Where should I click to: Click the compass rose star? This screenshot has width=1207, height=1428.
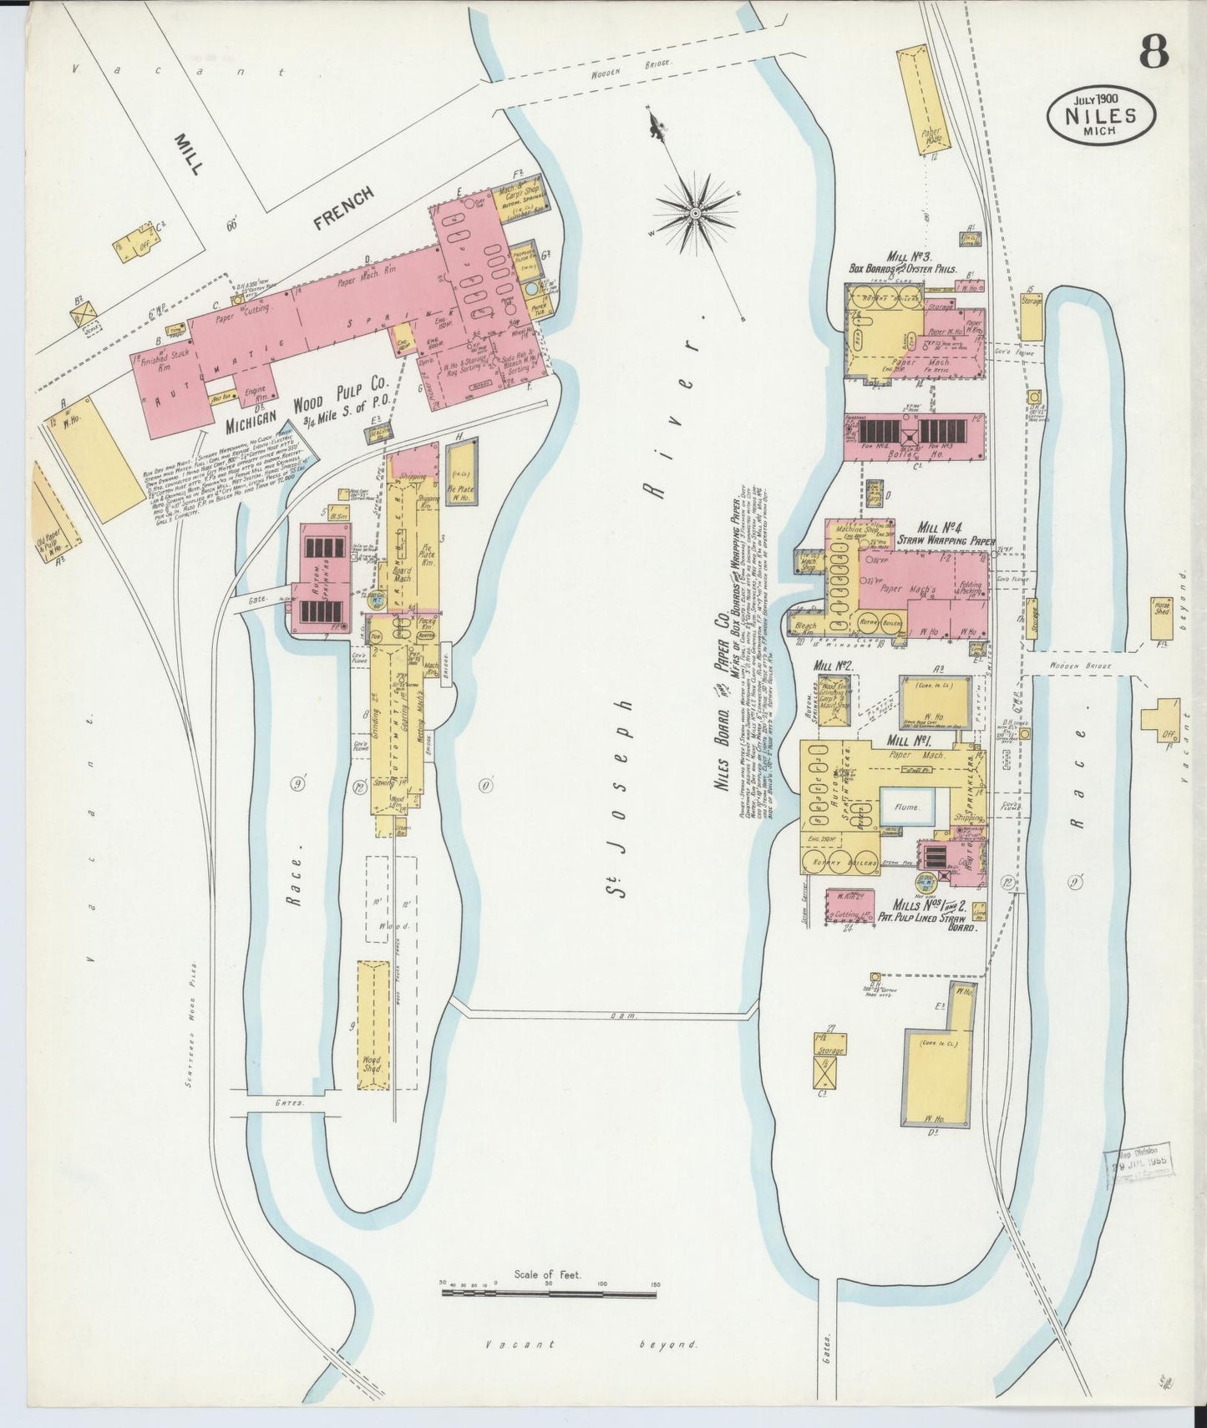coord(694,216)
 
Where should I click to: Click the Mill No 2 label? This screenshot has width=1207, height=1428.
coord(831,666)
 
